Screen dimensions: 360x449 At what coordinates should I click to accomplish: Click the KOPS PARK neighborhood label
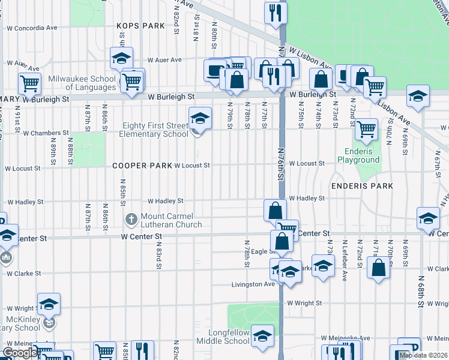pos(140,26)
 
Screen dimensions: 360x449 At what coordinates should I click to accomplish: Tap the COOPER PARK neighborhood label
pos(140,165)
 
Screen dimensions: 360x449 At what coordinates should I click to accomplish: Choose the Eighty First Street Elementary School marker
pos(200,118)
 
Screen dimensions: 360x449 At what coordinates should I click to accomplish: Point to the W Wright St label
pos(304,303)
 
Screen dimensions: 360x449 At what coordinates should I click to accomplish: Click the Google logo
pos(20,353)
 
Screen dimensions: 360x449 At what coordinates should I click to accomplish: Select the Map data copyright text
pos(423,355)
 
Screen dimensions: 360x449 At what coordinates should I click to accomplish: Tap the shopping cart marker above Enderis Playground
pos(366,128)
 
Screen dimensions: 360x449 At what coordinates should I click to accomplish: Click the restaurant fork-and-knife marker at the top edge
pos(275,12)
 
